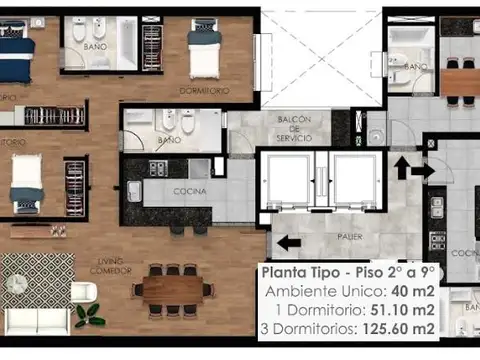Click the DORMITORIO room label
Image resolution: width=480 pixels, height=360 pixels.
pyautogui.click(x=204, y=90)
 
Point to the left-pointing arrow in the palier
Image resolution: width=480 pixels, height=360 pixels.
pyautogui.click(x=288, y=242)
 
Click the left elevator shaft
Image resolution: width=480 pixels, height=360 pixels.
pyautogui.click(x=287, y=180)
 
